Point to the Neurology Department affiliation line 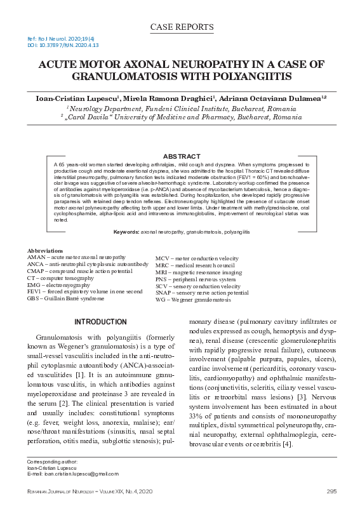(x=181, y=109)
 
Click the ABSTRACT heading (x=181, y=156)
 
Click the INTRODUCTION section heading (x=100, y=322)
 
